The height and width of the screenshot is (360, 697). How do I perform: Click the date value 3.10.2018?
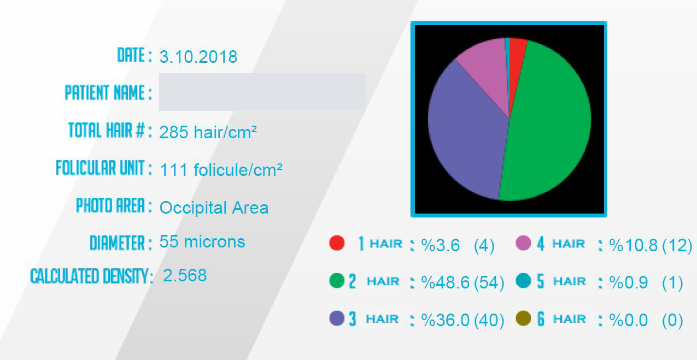198,57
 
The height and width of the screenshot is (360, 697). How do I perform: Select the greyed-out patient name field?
262,92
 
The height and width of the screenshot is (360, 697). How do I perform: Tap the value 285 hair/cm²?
208,132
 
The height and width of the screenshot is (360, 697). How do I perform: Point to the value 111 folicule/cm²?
221,170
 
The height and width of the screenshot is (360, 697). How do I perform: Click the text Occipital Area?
214,208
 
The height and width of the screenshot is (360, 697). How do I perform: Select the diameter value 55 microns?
202,241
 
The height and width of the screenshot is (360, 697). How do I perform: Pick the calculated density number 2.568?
185,275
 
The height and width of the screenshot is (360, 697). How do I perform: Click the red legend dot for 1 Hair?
337,243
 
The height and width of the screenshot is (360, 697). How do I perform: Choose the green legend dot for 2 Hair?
337,281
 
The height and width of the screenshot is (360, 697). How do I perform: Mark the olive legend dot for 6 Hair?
523,318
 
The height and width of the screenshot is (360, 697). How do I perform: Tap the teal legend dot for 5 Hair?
523,280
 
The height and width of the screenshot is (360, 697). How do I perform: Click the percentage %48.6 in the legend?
446,282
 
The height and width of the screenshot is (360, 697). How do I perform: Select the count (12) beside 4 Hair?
677,246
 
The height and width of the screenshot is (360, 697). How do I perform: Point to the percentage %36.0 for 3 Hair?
446,320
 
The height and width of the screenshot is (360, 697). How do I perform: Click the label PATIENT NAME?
104,93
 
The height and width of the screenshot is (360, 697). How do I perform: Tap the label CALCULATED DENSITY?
90,276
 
